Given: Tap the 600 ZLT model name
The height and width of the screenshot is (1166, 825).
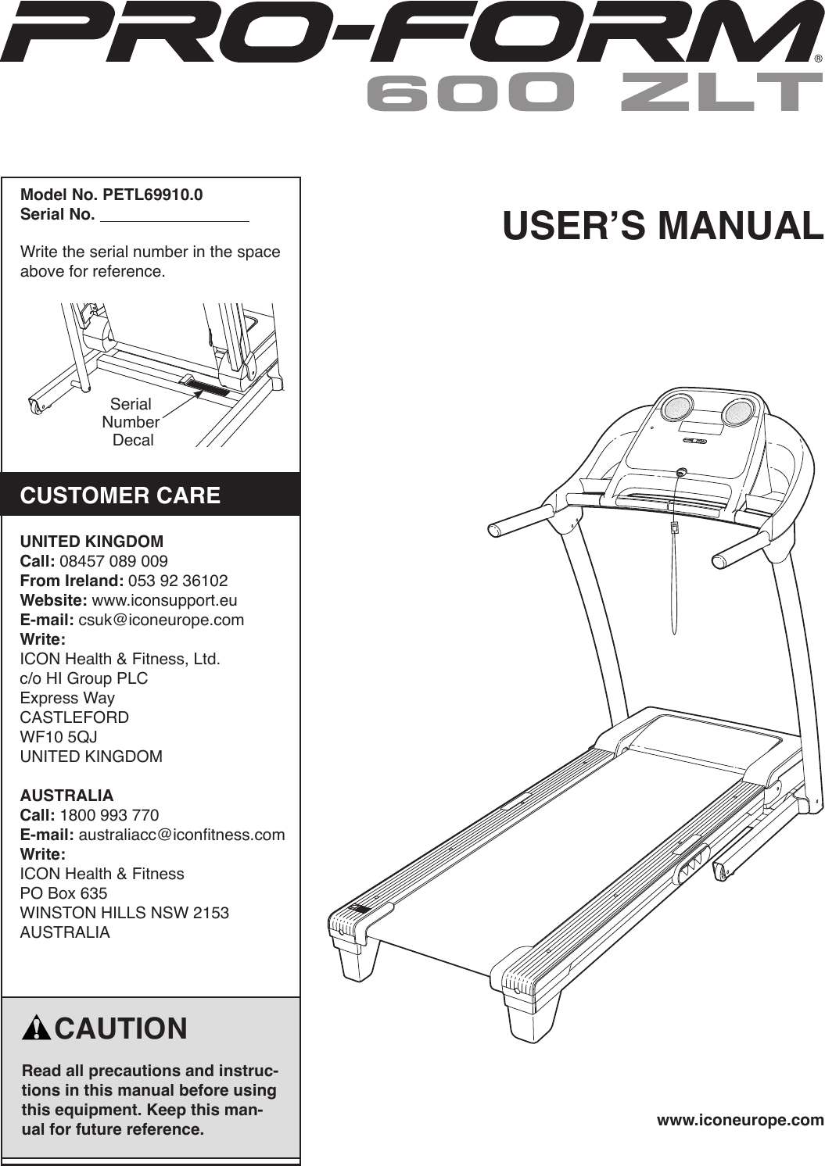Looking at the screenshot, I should pyautogui.click(x=594, y=93).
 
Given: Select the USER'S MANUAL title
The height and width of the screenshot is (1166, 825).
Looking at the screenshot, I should pyautogui.click(x=662, y=225).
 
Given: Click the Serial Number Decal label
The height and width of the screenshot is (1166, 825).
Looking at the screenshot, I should pyautogui.click(x=131, y=422).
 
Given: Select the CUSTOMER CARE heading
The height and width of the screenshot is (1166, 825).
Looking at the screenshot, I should pyautogui.click(x=120, y=495).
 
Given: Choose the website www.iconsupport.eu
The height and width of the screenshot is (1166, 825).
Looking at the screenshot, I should pyautogui.click(x=164, y=600).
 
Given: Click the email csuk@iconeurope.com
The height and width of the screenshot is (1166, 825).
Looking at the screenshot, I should pyautogui.click(x=161, y=620).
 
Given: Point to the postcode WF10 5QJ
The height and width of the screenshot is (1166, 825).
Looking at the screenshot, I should pyautogui.click(x=59, y=737).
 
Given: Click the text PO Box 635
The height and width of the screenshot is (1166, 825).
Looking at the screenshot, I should pyautogui.click(x=63, y=893).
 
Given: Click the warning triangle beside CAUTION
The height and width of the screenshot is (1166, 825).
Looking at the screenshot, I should pyautogui.click(x=36, y=1029).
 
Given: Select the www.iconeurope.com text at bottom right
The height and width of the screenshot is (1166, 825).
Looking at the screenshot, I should pyautogui.click(x=740, y=1120).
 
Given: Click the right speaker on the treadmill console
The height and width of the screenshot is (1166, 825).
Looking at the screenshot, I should pyautogui.click(x=737, y=411).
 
